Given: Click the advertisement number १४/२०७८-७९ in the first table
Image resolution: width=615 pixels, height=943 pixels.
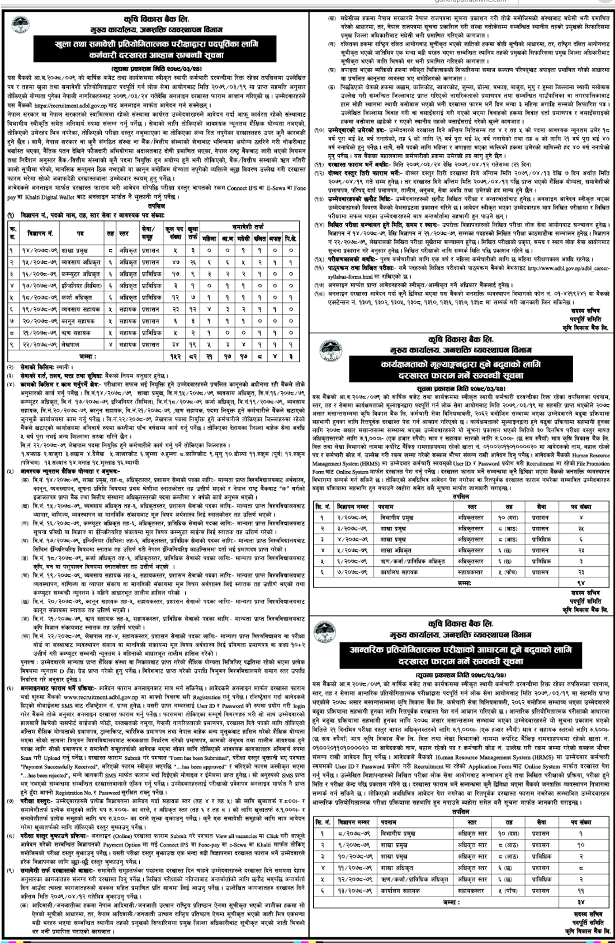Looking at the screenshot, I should coord(42,251).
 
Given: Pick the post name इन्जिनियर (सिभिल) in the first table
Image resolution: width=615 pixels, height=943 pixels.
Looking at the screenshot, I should coord(84,286).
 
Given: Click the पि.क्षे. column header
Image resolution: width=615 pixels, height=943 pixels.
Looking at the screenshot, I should coord(291,238).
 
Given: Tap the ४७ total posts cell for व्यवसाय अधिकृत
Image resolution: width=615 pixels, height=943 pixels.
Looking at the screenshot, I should coord(177,262).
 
